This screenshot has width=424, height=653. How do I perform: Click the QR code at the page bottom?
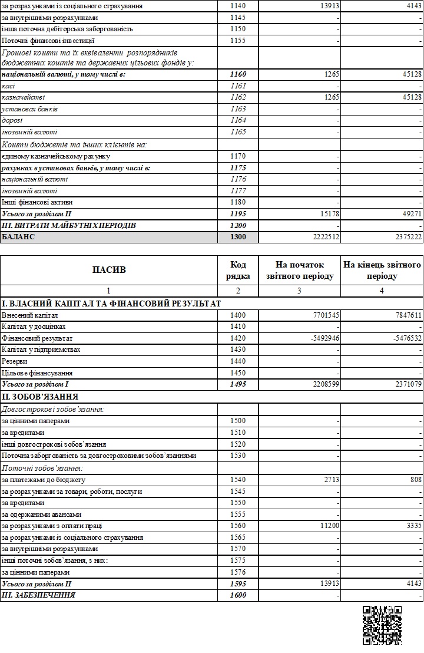click(x=382, y=625)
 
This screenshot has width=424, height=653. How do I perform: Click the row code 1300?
click(x=238, y=237)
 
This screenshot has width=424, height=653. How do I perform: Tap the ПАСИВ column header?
click(x=109, y=270)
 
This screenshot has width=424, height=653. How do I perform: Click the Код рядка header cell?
click(x=238, y=270)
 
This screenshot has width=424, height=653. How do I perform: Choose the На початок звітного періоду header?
click(x=300, y=270)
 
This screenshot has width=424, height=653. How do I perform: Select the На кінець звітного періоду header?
click(x=382, y=270)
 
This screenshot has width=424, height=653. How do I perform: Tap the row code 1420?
click(x=238, y=338)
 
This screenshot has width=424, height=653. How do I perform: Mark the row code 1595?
click(x=238, y=583)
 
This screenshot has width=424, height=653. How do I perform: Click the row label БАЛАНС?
click(x=19, y=237)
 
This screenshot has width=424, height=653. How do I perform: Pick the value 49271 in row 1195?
click(x=410, y=214)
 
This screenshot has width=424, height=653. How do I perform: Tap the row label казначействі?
click(x=24, y=97)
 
